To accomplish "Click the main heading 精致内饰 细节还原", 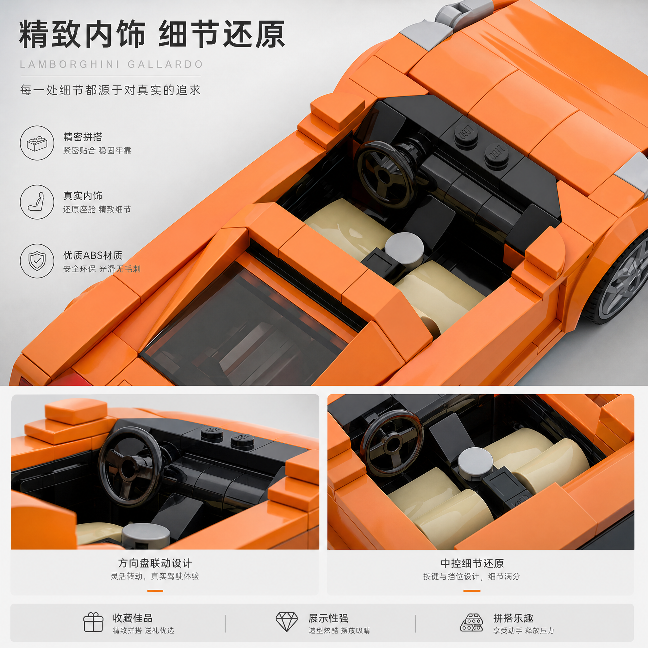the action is [x=152, y=34].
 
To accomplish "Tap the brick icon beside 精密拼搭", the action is [x=37, y=143].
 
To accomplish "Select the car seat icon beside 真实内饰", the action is [x=37, y=202].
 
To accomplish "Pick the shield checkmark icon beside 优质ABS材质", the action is [x=37, y=261].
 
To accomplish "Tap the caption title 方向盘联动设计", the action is [x=155, y=563].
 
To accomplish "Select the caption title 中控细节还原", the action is [x=472, y=563].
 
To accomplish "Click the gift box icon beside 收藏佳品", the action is [x=93, y=622].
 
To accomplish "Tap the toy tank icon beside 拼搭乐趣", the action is [x=471, y=622].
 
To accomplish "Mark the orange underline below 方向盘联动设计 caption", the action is [x=155, y=591].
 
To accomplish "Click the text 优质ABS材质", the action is [x=93, y=255].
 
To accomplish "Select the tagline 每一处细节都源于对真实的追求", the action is [x=110, y=90].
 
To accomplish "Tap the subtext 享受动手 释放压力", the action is [x=523, y=631].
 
